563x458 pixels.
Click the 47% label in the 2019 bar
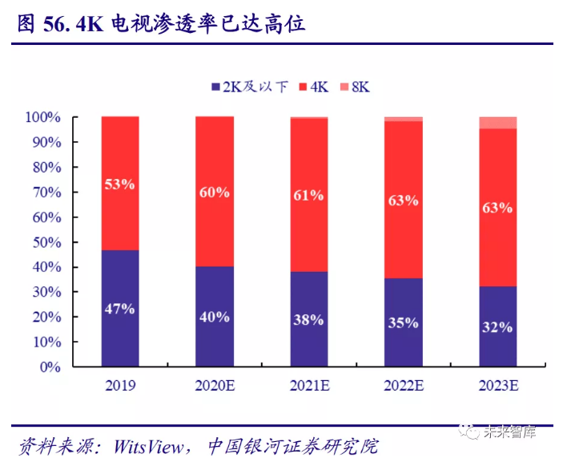click(x=119, y=309)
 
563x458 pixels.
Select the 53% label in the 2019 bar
click(x=119, y=184)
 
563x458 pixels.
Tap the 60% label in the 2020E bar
click(x=214, y=192)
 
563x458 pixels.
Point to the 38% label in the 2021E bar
click(x=308, y=319)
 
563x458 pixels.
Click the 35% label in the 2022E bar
click(x=403, y=322)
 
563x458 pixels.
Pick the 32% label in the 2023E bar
click(x=497, y=326)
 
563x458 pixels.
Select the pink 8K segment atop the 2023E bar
click(x=497, y=123)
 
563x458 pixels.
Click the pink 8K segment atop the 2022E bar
click(x=403, y=119)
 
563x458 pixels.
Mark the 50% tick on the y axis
click(x=46, y=242)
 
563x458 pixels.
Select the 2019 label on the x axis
click(x=119, y=386)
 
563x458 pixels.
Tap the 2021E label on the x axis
click(x=308, y=386)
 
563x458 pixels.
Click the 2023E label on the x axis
click(x=497, y=386)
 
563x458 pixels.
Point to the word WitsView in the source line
click(x=149, y=444)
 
